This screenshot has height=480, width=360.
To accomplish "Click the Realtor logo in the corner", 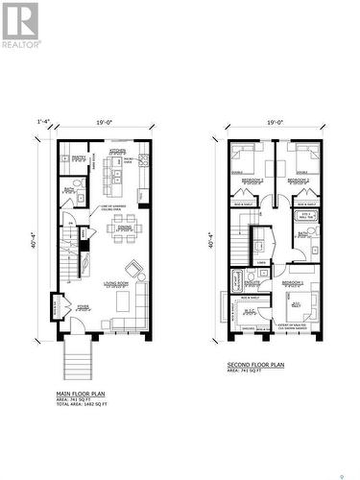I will [x=21, y=25].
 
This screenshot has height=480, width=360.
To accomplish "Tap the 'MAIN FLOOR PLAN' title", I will [x=82, y=395].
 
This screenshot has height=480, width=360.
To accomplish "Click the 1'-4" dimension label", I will [x=42, y=121].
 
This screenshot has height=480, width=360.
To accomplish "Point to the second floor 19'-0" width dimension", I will [x=276, y=121].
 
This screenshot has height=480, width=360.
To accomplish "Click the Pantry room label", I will [x=80, y=156].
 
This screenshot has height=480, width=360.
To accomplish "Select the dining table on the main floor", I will [x=123, y=230].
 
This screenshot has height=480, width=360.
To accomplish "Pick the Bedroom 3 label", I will [x=252, y=180].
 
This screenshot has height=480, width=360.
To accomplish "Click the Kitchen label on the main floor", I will [x=118, y=151].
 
